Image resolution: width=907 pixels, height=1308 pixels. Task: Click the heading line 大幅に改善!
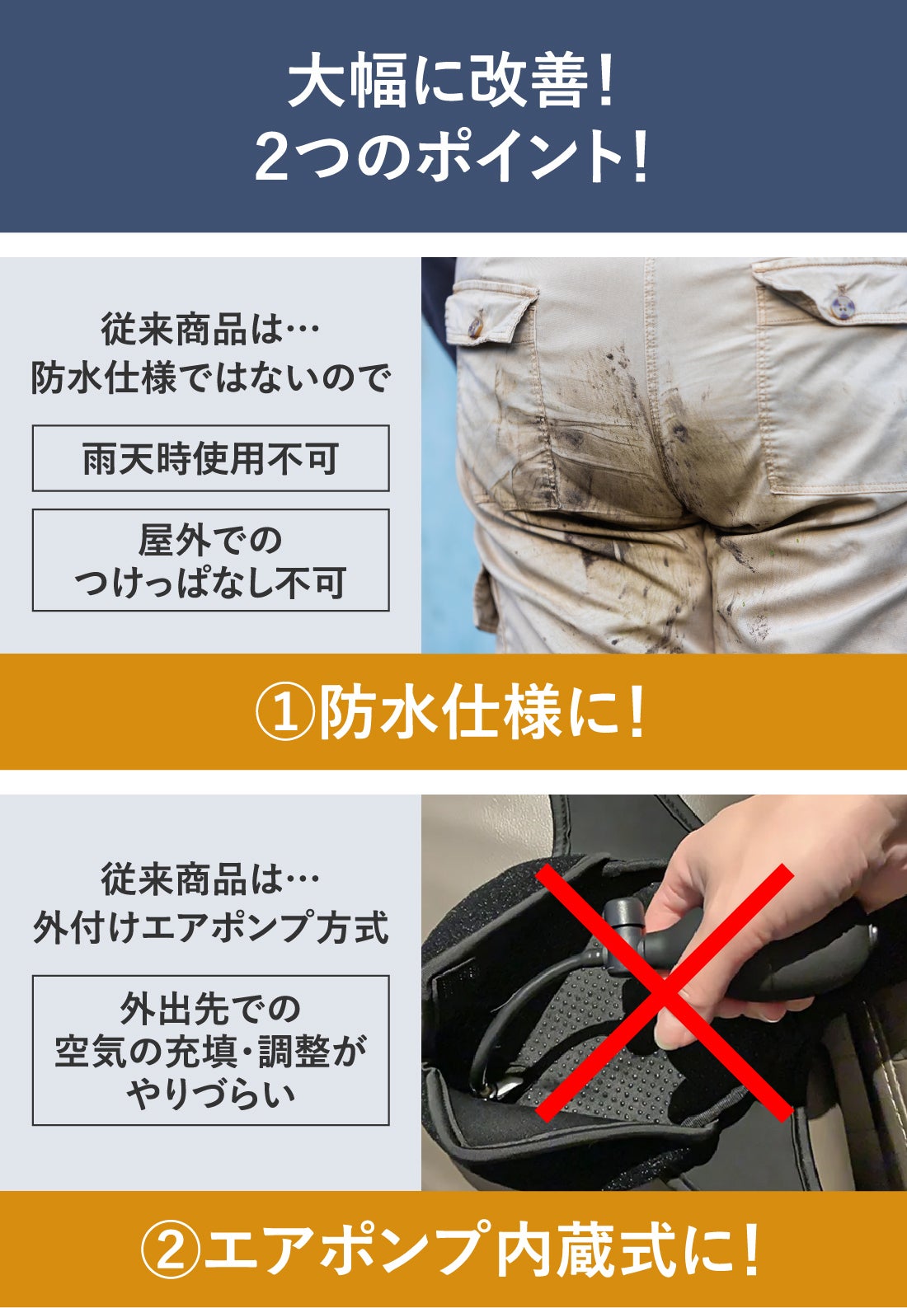pos(451,79)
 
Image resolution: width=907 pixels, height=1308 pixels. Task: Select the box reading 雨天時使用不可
pos(210,458)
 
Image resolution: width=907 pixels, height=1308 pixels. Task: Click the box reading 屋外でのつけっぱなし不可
pos(210,560)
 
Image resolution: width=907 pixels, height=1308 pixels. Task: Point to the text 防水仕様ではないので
pos(210,379)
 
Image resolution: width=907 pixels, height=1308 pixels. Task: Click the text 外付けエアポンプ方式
pos(210,928)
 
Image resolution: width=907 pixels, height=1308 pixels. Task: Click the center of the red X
pos(665,992)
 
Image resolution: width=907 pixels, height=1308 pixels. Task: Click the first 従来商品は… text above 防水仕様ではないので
pos(210,330)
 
